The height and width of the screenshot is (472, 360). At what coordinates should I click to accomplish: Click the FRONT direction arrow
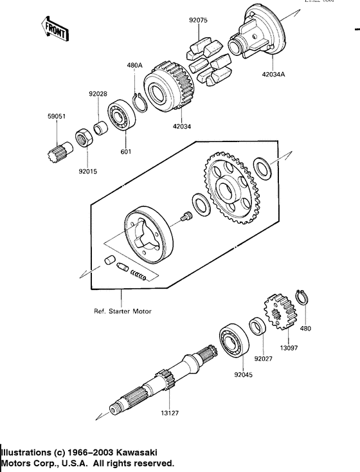[55, 29]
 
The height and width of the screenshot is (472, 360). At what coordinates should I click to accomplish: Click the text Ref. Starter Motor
[122, 311]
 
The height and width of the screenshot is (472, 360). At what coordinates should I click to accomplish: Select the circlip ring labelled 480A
[137, 102]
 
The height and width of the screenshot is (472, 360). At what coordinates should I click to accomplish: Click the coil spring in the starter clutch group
[139, 275]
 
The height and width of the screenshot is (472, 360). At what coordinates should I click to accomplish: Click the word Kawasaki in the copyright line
[136, 453]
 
